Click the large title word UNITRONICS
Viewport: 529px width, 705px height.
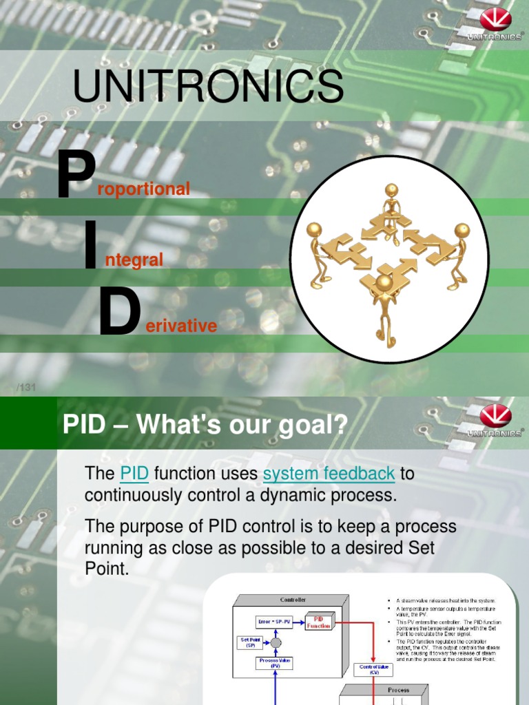pyautogui.click(x=208, y=87)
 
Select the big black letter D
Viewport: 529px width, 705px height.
pyautogui.click(x=119, y=313)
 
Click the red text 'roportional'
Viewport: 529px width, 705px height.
pyautogui.click(x=144, y=189)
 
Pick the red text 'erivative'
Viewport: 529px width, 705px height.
pyautogui.click(x=181, y=326)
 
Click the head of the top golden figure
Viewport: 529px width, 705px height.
pyautogui.click(x=391, y=190)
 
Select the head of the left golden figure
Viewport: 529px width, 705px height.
pyautogui.click(x=314, y=230)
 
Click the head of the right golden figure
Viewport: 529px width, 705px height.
pyautogui.click(x=461, y=230)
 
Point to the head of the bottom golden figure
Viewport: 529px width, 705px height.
pyautogui.click(x=384, y=282)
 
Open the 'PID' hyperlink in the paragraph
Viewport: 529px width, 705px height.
pyautogui.click(x=134, y=474)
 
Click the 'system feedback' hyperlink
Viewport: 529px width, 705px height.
pyautogui.click(x=329, y=474)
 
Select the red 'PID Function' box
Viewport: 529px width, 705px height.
pyautogui.click(x=319, y=622)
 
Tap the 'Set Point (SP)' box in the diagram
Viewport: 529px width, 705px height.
pyautogui.click(x=250, y=642)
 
